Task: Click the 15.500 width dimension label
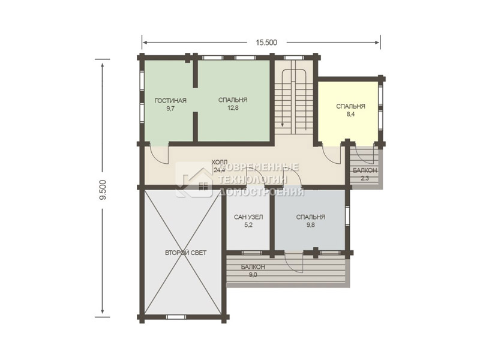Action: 266,43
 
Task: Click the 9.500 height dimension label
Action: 103,190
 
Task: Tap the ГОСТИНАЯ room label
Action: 170,101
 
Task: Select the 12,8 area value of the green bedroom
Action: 233,108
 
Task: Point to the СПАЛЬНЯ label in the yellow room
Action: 351,106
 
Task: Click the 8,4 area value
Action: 351,114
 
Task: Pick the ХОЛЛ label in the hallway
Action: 220,161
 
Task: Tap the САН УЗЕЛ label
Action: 248,217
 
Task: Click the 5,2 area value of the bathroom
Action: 248,224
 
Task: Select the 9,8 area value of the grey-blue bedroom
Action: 310,224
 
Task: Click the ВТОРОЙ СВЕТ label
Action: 186,253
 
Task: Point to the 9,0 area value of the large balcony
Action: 253,275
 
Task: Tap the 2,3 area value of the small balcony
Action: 365,178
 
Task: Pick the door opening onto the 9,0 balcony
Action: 294,262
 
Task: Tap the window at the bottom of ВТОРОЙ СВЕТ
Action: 175,317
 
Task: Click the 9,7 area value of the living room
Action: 170,109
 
